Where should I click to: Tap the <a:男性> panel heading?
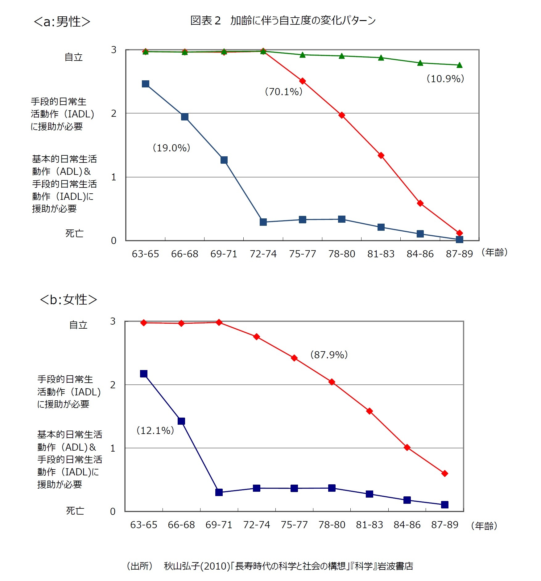62,22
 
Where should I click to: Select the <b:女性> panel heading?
68,300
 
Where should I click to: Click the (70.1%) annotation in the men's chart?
283,92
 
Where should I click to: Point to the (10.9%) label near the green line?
445,79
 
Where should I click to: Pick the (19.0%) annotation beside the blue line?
171,148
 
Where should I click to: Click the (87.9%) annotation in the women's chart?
329,355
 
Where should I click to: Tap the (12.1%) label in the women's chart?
155,430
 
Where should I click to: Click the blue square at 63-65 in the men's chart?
146,84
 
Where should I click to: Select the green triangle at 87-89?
459,65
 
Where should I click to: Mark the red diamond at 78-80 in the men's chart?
341,115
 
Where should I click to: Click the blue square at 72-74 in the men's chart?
263,222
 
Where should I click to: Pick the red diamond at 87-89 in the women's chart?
444,474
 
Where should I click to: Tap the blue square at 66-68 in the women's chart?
181,421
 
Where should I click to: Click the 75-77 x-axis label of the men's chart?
302,254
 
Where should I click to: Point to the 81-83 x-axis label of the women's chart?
369,525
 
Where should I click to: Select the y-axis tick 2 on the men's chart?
114,114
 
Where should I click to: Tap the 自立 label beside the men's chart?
74,57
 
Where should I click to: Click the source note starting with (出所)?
270,566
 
